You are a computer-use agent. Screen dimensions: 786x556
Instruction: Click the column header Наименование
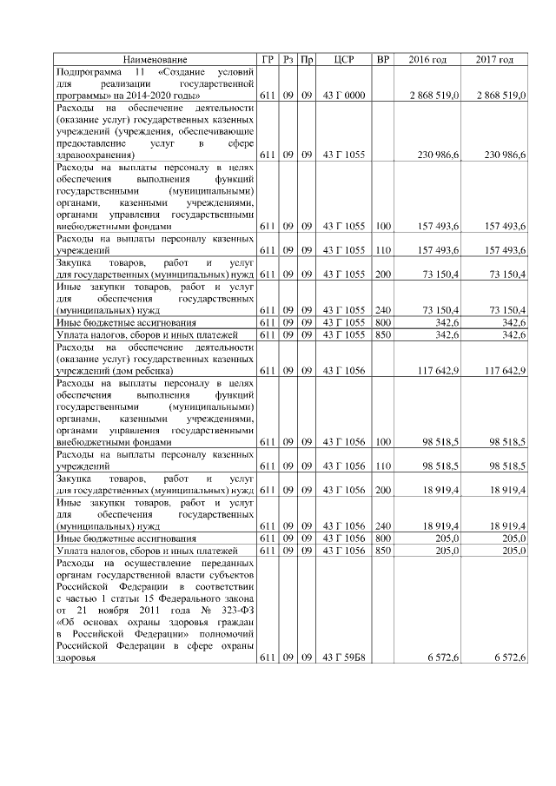155,59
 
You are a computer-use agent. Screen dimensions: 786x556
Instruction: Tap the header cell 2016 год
427,59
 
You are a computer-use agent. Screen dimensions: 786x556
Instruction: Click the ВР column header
382,59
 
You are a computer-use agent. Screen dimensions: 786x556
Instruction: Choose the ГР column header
268,59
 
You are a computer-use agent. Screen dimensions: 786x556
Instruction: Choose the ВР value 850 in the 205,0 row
382,551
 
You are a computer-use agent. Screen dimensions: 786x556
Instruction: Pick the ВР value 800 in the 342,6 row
382,321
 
